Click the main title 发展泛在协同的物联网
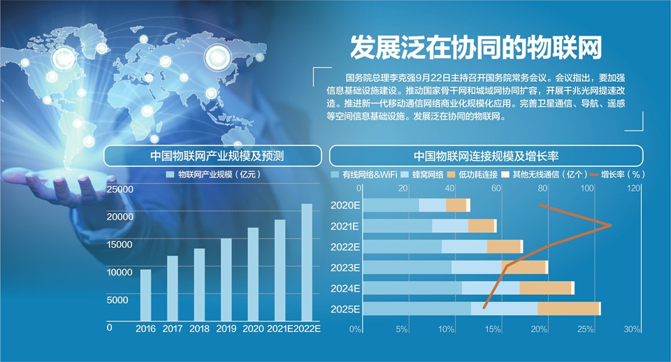[x=475, y=48]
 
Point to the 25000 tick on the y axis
[x=120, y=189]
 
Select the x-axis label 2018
[x=199, y=328]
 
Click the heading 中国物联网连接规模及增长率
[x=486, y=155]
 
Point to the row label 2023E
[x=346, y=268]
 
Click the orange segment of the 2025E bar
[x=568, y=309]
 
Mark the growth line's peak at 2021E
[x=610, y=225]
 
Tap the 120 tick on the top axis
[x=634, y=189]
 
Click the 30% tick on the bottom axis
[x=631, y=329]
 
